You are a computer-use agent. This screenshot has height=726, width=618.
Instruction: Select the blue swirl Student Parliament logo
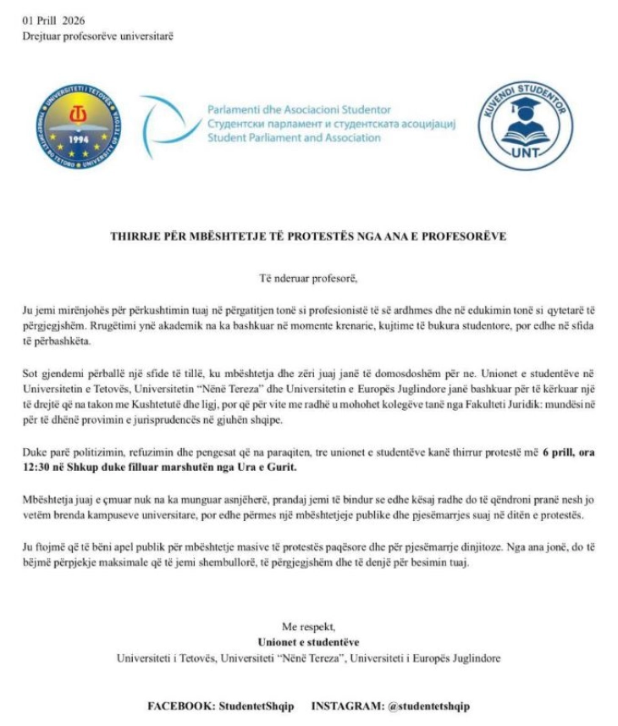pos(164,126)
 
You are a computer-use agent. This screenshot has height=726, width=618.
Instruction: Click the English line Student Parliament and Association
pos(294,137)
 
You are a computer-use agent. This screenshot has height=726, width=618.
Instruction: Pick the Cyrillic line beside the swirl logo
pos(330,124)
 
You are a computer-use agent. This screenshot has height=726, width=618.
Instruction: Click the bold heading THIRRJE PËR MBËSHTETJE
pos(308,236)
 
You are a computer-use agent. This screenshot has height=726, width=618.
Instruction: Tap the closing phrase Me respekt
pos(308,628)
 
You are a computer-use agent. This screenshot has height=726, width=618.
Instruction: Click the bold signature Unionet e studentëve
pos(308,642)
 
